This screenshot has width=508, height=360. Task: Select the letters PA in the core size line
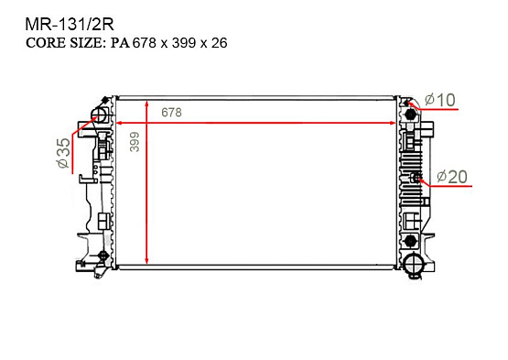coord(121,42)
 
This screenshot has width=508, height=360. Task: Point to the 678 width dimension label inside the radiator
coord(171,112)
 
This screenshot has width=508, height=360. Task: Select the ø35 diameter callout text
coord(63,153)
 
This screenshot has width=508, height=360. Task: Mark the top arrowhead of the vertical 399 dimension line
coord(146,100)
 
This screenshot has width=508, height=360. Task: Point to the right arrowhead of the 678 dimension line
coord(395,122)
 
